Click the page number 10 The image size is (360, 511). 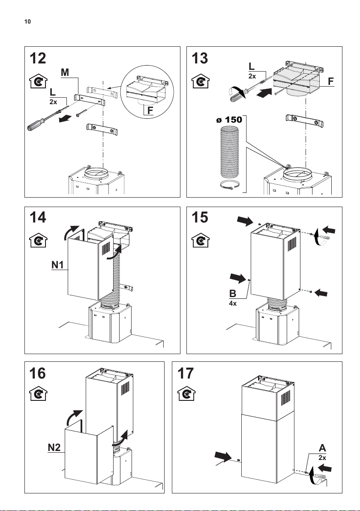tap(27, 22)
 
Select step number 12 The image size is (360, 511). tap(38, 59)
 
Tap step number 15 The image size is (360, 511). tap(200, 217)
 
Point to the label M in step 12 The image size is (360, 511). tap(65, 72)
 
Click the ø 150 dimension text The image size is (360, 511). tap(229, 120)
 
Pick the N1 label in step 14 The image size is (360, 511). tap(58, 265)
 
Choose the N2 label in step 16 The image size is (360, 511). tap(54, 448)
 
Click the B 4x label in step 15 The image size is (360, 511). tap(233, 297)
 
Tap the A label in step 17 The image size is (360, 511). tap(322, 448)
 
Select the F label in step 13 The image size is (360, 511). tap(331, 81)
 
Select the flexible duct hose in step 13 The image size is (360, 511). tap(230, 152)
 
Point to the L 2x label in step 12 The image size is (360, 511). tap(53, 97)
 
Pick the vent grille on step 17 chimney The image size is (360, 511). tap(285, 398)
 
